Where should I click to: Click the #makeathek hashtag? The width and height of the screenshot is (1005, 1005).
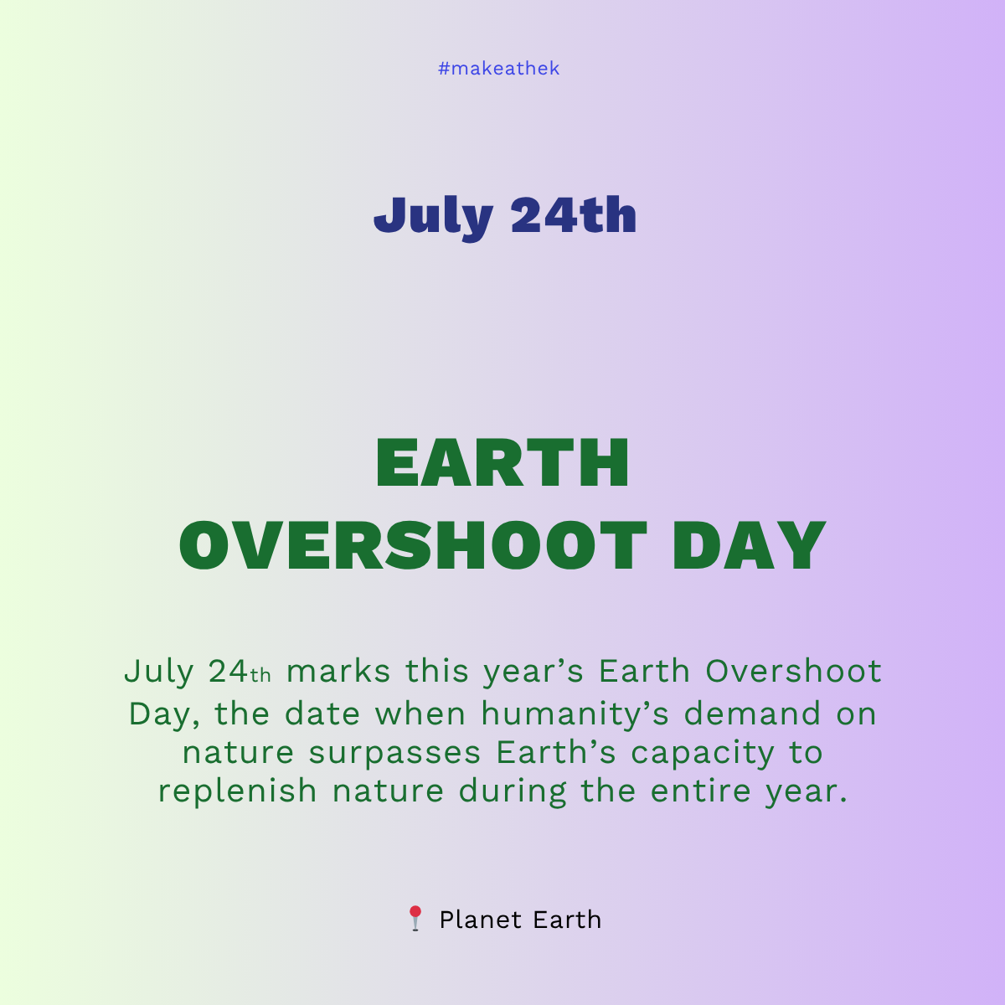click(x=498, y=69)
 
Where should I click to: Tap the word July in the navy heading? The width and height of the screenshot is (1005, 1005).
click(x=433, y=217)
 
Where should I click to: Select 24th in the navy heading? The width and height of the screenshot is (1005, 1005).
click(x=574, y=215)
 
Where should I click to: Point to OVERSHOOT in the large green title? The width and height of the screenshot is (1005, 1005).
click(x=413, y=546)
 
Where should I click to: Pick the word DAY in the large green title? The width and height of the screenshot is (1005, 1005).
click(x=749, y=546)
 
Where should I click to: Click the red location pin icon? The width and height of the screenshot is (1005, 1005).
click(x=415, y=919)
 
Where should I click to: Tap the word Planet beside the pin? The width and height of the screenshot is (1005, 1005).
click(x=479, y=920)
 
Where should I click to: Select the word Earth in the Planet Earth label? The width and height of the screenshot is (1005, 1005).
click(x=567, y=920)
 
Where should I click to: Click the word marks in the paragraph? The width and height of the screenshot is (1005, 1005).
click(x=338, y=672)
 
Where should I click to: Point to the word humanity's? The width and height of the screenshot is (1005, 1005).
click(x=575, y=714)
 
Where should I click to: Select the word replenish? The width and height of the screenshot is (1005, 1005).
click(x=237, y=791)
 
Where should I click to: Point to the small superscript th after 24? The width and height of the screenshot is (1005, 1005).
click(x=260, y=675)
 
